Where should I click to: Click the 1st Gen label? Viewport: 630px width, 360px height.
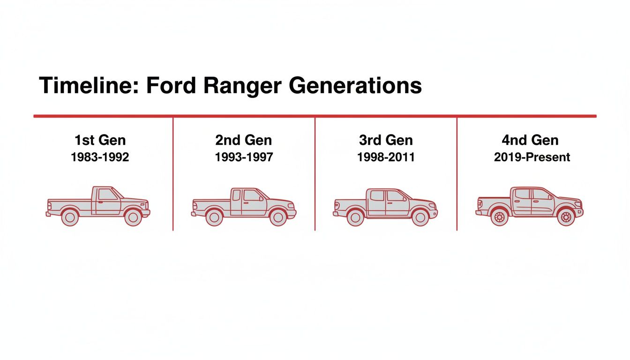tap(100, 140)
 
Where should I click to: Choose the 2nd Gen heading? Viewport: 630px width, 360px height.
tap(244, 140)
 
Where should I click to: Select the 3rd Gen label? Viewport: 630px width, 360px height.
tap(386, 140)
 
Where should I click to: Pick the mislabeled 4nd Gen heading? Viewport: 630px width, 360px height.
tap(530, 140)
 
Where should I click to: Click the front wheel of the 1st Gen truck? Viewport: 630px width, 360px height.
tap(133, 217)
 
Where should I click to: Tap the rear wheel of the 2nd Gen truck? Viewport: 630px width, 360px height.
tap(214, 217)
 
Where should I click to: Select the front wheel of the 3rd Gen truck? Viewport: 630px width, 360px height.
tap(420, 217)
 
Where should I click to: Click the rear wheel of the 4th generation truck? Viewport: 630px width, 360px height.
tap(500, 217)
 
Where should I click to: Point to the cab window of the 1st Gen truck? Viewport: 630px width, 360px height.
tap(107, 195)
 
